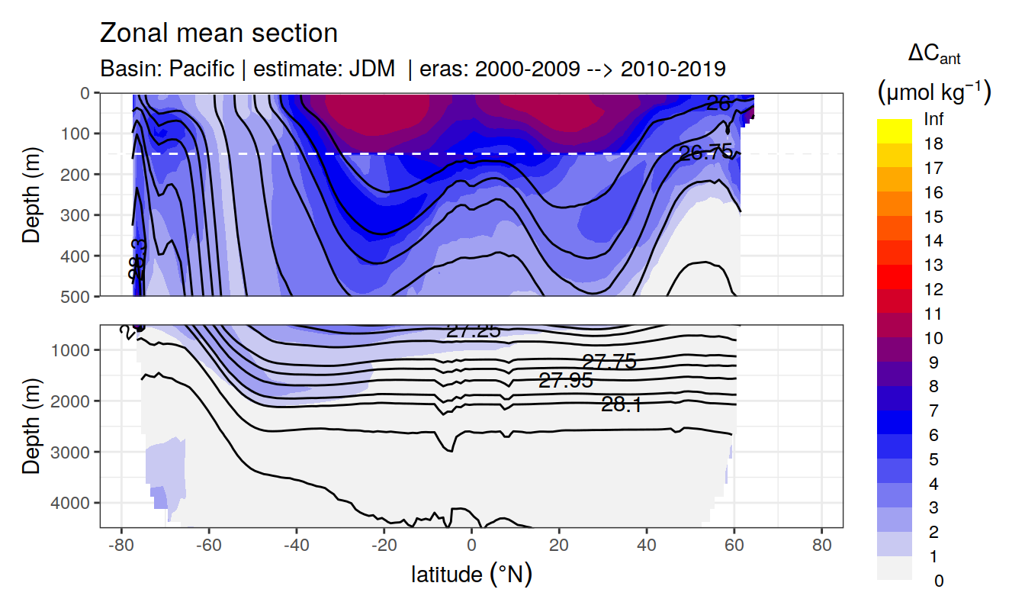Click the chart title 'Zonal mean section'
218,34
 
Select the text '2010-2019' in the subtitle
673,69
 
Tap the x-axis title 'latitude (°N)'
471,574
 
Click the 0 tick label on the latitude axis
472,546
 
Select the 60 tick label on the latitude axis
734,546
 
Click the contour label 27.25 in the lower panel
473,330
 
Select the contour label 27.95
565,381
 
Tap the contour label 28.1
621,405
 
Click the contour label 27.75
609,362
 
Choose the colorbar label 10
933,338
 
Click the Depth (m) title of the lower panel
31,426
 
